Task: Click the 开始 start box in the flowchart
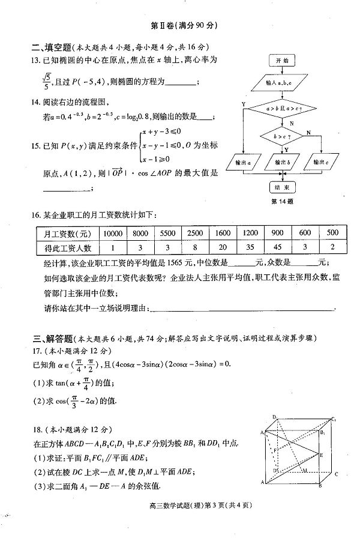282,61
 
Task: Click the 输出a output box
244,162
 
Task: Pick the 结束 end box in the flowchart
282,187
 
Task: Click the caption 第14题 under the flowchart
282,202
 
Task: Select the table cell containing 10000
113,232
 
